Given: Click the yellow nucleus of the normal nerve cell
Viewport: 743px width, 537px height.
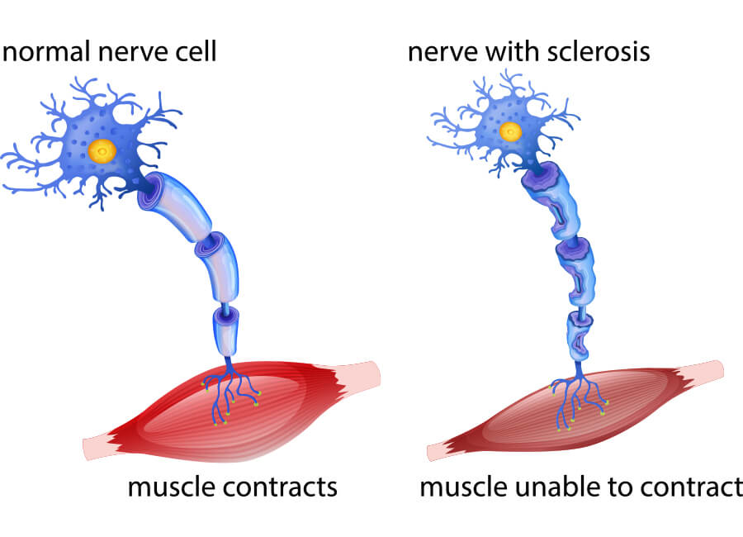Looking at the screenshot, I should coord(103,150).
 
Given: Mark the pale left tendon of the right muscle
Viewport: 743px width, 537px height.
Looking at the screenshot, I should coord(438,451).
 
